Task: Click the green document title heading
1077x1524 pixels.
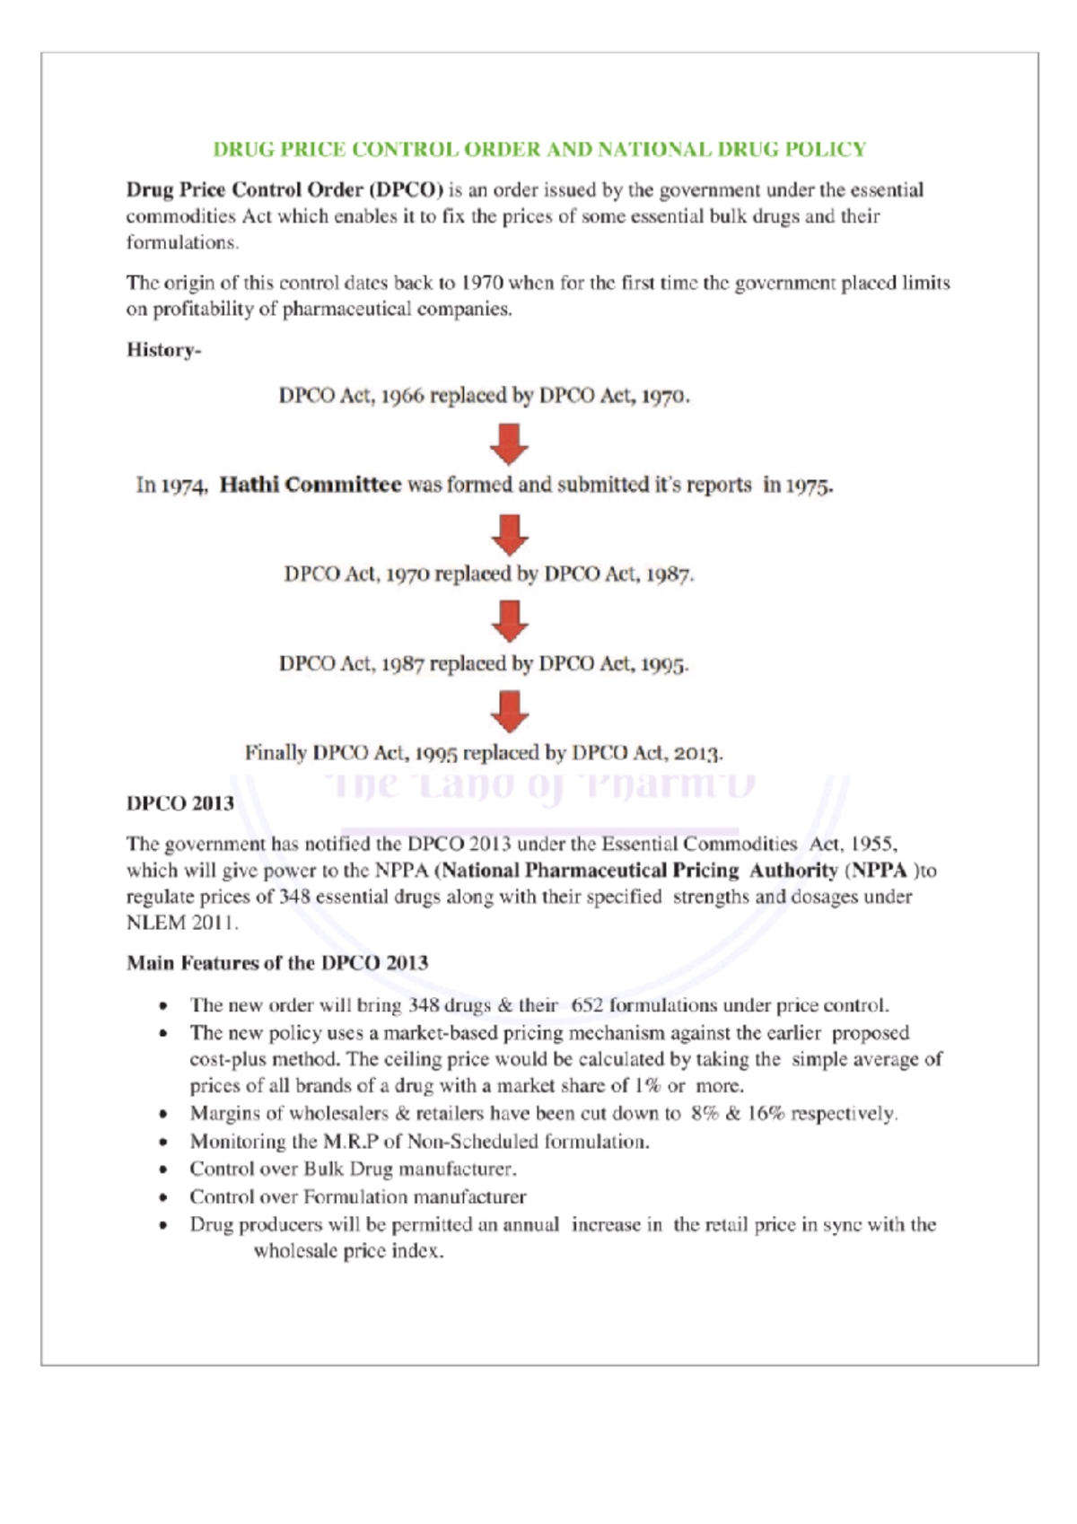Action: pyautogui.click(x=538, y=149)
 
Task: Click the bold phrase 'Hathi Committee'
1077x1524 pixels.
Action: pyautogui.click(x=311, y=486)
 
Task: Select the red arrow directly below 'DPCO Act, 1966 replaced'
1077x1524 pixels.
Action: pyautogui.click(x=509, y=443)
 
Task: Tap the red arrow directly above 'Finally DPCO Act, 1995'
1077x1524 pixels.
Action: pyautogui.click(x=509, y=711)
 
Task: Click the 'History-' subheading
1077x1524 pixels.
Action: pyautogui.click(x=163, y=350)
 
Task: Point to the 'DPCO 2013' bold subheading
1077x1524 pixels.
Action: pyautogui.click(x=180, y=803)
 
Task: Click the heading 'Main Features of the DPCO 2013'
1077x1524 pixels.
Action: pyautogui.click(x=277, y=963)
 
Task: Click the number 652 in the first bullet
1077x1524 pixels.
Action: pyautogui.click(x=587, y=1005)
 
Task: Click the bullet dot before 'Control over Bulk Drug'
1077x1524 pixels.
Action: pyautogui.click(x=162, y=1170)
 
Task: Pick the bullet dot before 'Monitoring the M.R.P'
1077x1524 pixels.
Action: pyautogui.click(x=162, y=1143)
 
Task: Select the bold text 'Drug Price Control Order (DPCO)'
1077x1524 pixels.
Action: pyautogui.click(x=285, y=190)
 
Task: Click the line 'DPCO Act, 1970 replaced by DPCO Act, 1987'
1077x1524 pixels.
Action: pyautogui.click(x=489, y=574)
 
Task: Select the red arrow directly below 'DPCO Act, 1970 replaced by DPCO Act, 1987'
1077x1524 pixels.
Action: pyautogui.click(x=509, y=621)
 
